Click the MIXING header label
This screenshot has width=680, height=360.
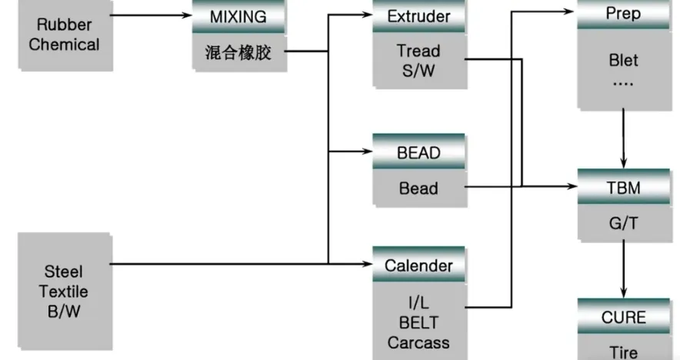pyautogui.click(x=238, y=16)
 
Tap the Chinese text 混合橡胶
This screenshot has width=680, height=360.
pyautogui.click(x=238, y=54)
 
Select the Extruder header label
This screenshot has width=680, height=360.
pyautogui.click(x=418, y=16)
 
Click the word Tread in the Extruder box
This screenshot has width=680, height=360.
pyautogui.click(x=418, y=52)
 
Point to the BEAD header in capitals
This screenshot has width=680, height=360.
pyautogui.click(x=418, y=152)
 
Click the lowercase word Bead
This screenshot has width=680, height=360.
pyautogui.click(x=418, y=188)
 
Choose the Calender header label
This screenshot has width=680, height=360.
pyautogui.click(x=418, y=265)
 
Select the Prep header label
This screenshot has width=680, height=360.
pyautogui.click(x=623, y=14)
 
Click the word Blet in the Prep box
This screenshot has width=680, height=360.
pyautogui.click(x=623, y=61)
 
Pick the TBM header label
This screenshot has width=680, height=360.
pyautogui.click(x=623, y=188)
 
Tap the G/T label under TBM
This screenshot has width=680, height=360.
pyautogui.click(x=623, y=223)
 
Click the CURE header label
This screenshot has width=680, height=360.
pyautogui.click(x=623, y=317)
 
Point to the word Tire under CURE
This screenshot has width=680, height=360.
pyautogui.click(x=623, y=352)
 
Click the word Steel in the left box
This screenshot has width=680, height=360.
pyautogui.click(x=64, y=272)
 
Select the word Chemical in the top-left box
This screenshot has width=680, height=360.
pyautogui.click(x=64, y=45)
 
